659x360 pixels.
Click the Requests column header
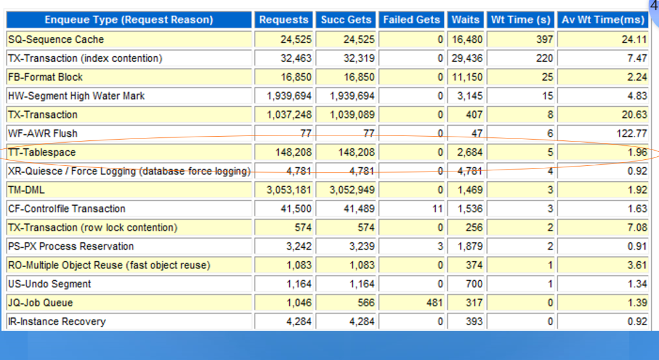pyautogui.click(x=284, y=20)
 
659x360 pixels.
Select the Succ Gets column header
pyautogui.click(x=346, y=20)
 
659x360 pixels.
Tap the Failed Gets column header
pyautogui.click(x=411, y=20)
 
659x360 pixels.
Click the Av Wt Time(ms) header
pyautogui.click(x=602, y=20)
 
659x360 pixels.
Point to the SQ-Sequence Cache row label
pyautogui.click(x=56, y=40)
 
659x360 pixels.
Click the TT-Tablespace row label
pyautogui.click(x=42, y=152)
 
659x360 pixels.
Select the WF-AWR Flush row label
pyautogui.click(x=43, y=133)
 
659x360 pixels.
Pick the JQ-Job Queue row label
pyautogui.click(x=41, y=303)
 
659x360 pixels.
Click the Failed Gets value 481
pyautogui.click(x=434, y=303)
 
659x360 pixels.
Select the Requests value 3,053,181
pyautogui.click(x=289, y=190)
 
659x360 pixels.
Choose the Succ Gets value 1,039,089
pyautogui.click(x=352, y=115)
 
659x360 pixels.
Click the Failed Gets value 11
pyautogui.click(x=438, y=209)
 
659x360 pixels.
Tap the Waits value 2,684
pyautogui.click(x=470, y=152)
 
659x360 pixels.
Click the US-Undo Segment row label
pyautogui.click(x=49, y=284)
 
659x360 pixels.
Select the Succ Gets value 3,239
pyautogui.click(x=361, y=247)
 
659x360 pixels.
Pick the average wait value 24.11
pyautogui.click(x=634, y=40)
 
